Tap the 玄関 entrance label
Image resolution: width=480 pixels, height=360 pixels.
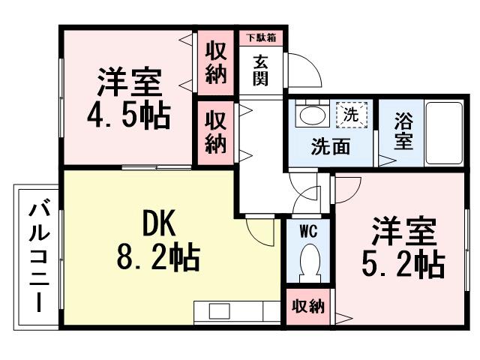click(259, 70)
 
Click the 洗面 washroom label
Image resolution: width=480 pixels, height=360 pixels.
click(330, 147)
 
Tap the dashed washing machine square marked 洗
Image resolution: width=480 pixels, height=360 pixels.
click(349, 115)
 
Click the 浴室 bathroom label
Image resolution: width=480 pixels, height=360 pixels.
click(403, 130)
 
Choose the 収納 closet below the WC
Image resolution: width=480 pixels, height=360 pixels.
click(307, 307)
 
